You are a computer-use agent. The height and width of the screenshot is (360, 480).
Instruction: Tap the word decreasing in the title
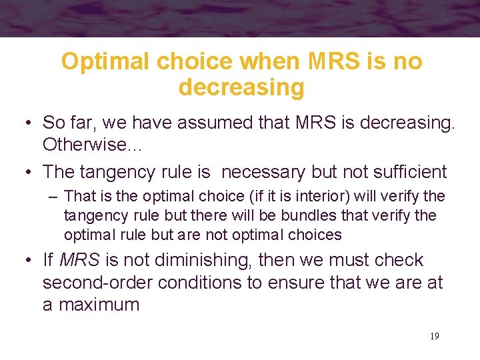(241, 87)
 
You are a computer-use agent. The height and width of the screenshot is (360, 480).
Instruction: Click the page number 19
(434, 336)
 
